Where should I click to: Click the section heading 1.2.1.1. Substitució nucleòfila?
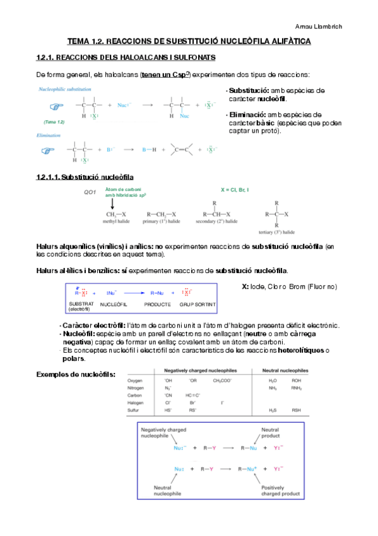(85, 176)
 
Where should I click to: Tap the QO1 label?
(89, 192)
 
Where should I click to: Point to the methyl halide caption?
(119, 222)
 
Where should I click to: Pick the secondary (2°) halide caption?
(215, 222)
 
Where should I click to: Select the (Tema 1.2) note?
(54, 121)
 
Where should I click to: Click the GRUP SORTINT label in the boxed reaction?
(197, 304)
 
